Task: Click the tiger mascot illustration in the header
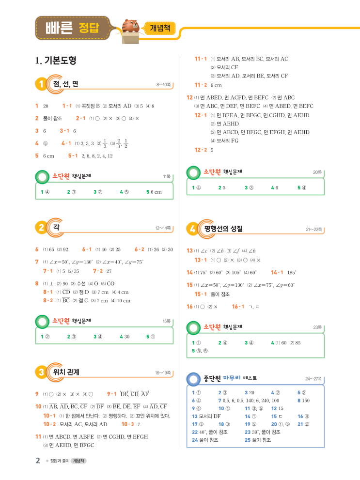coord(130,27)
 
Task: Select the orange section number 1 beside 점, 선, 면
coord(41,84)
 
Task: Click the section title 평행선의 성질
coord(223,228)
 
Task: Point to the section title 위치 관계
coord(66,372)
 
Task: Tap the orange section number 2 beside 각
coord(41,228)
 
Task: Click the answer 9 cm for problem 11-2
coord(216,85)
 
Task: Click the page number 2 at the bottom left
coord(38,461)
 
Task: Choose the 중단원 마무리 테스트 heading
coord(230,378)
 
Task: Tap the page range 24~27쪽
coord(313,378)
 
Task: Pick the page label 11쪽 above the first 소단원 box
coord(167,177)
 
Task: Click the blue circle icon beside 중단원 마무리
coord(193,378)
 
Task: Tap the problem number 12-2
coord(201,150)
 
